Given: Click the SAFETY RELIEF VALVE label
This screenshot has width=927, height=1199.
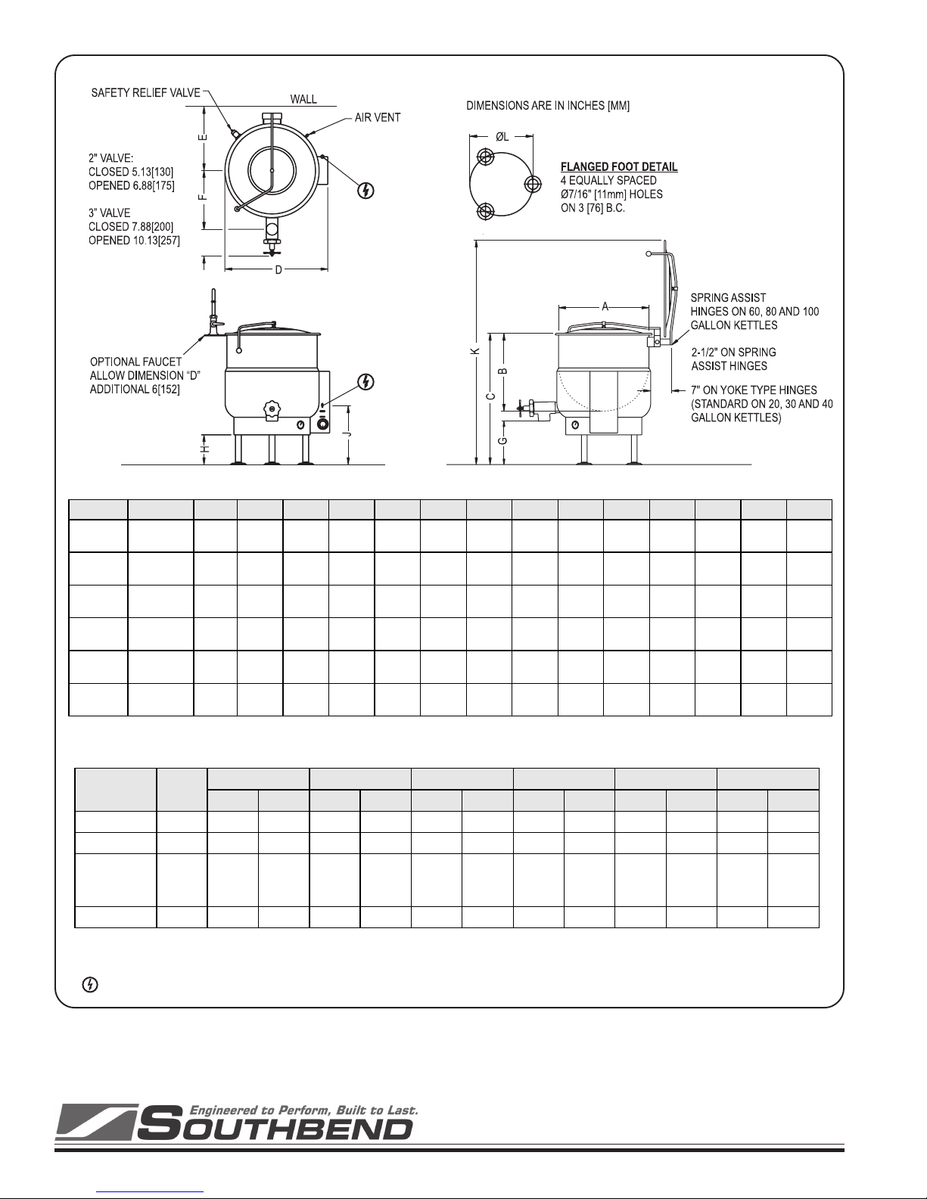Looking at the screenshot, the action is point(145,93).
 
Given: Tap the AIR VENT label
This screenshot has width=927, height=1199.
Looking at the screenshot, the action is point(378,117).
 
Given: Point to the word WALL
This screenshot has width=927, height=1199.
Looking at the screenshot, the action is point(303,99).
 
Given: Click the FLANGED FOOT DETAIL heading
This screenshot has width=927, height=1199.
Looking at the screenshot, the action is point(619,166).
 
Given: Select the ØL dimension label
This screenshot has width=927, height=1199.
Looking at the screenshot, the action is point(502,136).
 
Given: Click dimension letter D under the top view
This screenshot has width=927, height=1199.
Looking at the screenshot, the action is point(278,270).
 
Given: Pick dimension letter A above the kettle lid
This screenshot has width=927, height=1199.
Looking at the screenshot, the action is point(605,306).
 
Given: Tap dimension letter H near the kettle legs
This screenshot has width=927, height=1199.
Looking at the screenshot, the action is point(205,449).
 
